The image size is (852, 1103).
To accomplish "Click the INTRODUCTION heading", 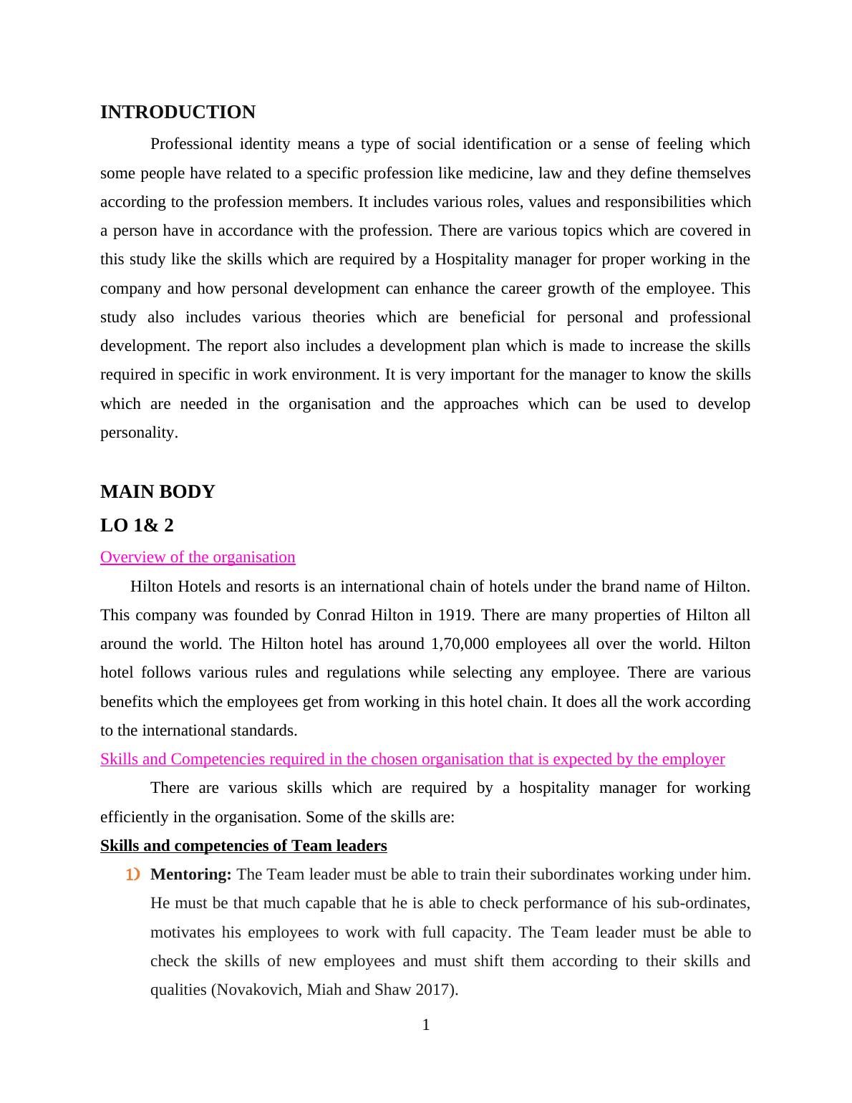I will tap(178, 112).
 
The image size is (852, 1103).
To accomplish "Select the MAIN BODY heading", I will tap(158, 492).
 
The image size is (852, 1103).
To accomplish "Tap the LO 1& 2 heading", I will tap(137, 526).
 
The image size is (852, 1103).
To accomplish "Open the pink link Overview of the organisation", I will tap(198, 557).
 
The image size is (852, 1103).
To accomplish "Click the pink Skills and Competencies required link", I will tap(412, 759).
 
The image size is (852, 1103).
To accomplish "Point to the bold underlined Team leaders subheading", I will tap(243, 846).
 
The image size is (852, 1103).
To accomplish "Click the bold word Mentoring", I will tap(190, 875).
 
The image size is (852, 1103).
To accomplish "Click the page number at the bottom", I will tap(426, 1025).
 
